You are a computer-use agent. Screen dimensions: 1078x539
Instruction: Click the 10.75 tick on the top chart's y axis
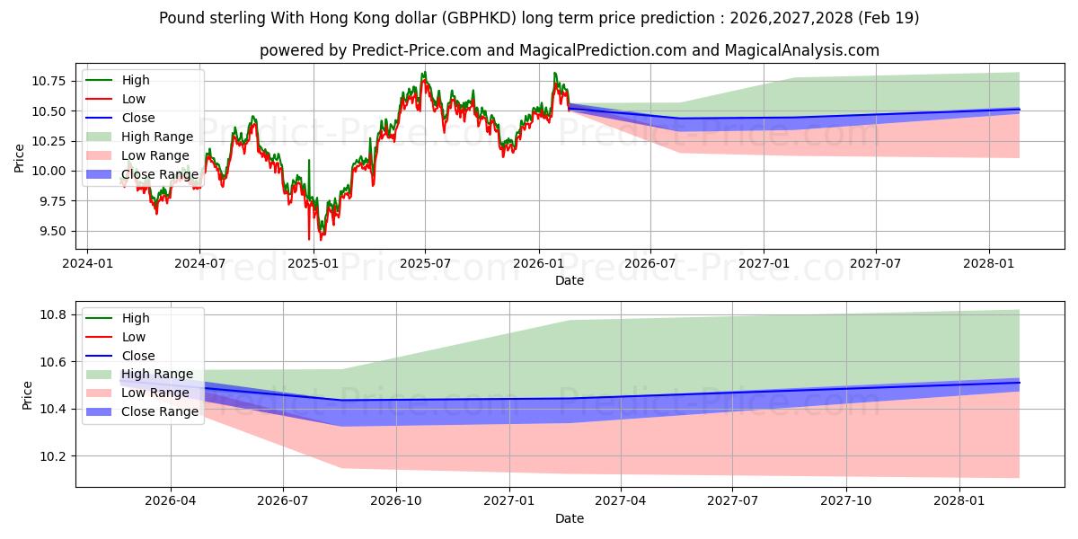[x=48, y=81]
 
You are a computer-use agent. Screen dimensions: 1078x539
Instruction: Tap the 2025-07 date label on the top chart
[x=426, y=264]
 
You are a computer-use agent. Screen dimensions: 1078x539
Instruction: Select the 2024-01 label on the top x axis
[x=88, y=264]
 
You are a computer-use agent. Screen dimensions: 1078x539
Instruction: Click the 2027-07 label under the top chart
[x=875, y=264]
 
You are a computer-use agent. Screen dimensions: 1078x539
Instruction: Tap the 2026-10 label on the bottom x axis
[x=396, y=501]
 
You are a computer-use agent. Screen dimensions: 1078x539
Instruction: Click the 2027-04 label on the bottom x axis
[x=621, y=501]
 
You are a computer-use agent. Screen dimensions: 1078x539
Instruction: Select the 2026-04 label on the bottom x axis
[x=171, y=501]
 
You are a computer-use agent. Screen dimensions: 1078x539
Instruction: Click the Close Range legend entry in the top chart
[x=142, y=174]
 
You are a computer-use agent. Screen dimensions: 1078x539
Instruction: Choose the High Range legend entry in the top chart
[x=139, y=137]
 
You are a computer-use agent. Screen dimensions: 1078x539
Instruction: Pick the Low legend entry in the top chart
[x=116, y=99]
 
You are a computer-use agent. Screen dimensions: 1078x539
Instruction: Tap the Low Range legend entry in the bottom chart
[x=137, y=393]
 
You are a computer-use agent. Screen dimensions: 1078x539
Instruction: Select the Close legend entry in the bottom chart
[x=120, y=356]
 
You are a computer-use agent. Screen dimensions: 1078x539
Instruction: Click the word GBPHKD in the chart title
[x=480, y=18]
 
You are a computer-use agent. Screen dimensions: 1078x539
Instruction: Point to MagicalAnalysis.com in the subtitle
[x=801, y=50]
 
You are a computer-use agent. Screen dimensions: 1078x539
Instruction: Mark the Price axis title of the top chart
[x=19, y=158]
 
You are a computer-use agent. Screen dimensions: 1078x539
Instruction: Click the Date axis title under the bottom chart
[x=570, y=518]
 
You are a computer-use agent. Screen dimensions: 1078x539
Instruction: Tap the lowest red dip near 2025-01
[x=309, y=239]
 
